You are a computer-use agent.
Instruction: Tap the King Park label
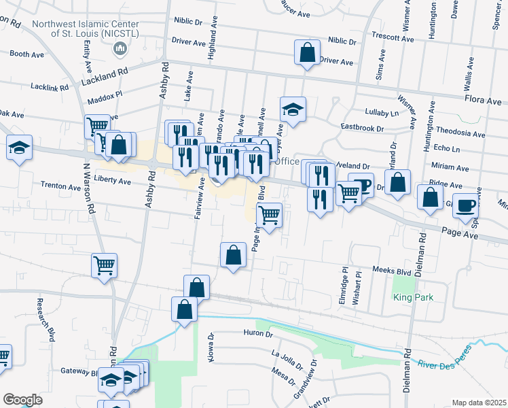(413, 298)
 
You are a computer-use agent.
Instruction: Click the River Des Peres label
(441, 368)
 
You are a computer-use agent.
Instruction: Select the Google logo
(22, 400)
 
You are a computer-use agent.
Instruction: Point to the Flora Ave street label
(483, 100)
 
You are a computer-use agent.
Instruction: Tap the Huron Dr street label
(258, 334)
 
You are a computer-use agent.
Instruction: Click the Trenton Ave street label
(60, 185)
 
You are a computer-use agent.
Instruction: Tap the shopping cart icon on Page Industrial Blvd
(270, 215)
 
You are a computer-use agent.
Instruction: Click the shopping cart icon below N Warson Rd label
(104, 265)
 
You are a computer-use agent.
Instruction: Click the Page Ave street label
(460, 236)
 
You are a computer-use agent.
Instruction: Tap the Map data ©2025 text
(479, 403)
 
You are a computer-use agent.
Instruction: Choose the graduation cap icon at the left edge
(18, 147)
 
